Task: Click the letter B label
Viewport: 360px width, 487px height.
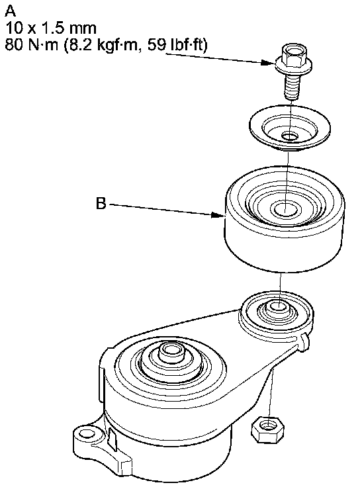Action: tap(101, 204)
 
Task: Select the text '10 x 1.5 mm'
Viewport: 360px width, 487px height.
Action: tap(51, 28)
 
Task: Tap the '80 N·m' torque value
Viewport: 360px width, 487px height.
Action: tap(32, 45)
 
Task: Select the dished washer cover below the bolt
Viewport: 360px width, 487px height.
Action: tap(290, 127)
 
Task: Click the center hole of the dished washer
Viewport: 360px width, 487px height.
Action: tap(290, 136)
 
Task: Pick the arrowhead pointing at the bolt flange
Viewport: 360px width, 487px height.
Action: tap(268, 62)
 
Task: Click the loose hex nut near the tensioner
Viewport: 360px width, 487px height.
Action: tap(267, 429)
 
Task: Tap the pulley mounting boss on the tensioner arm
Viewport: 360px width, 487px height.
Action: tap(276, 314)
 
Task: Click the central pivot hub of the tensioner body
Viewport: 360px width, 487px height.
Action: tap(170, 354)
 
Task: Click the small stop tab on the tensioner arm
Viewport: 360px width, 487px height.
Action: tap(304, 342)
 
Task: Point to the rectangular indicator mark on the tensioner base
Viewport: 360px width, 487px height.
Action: tap(112, 439)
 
